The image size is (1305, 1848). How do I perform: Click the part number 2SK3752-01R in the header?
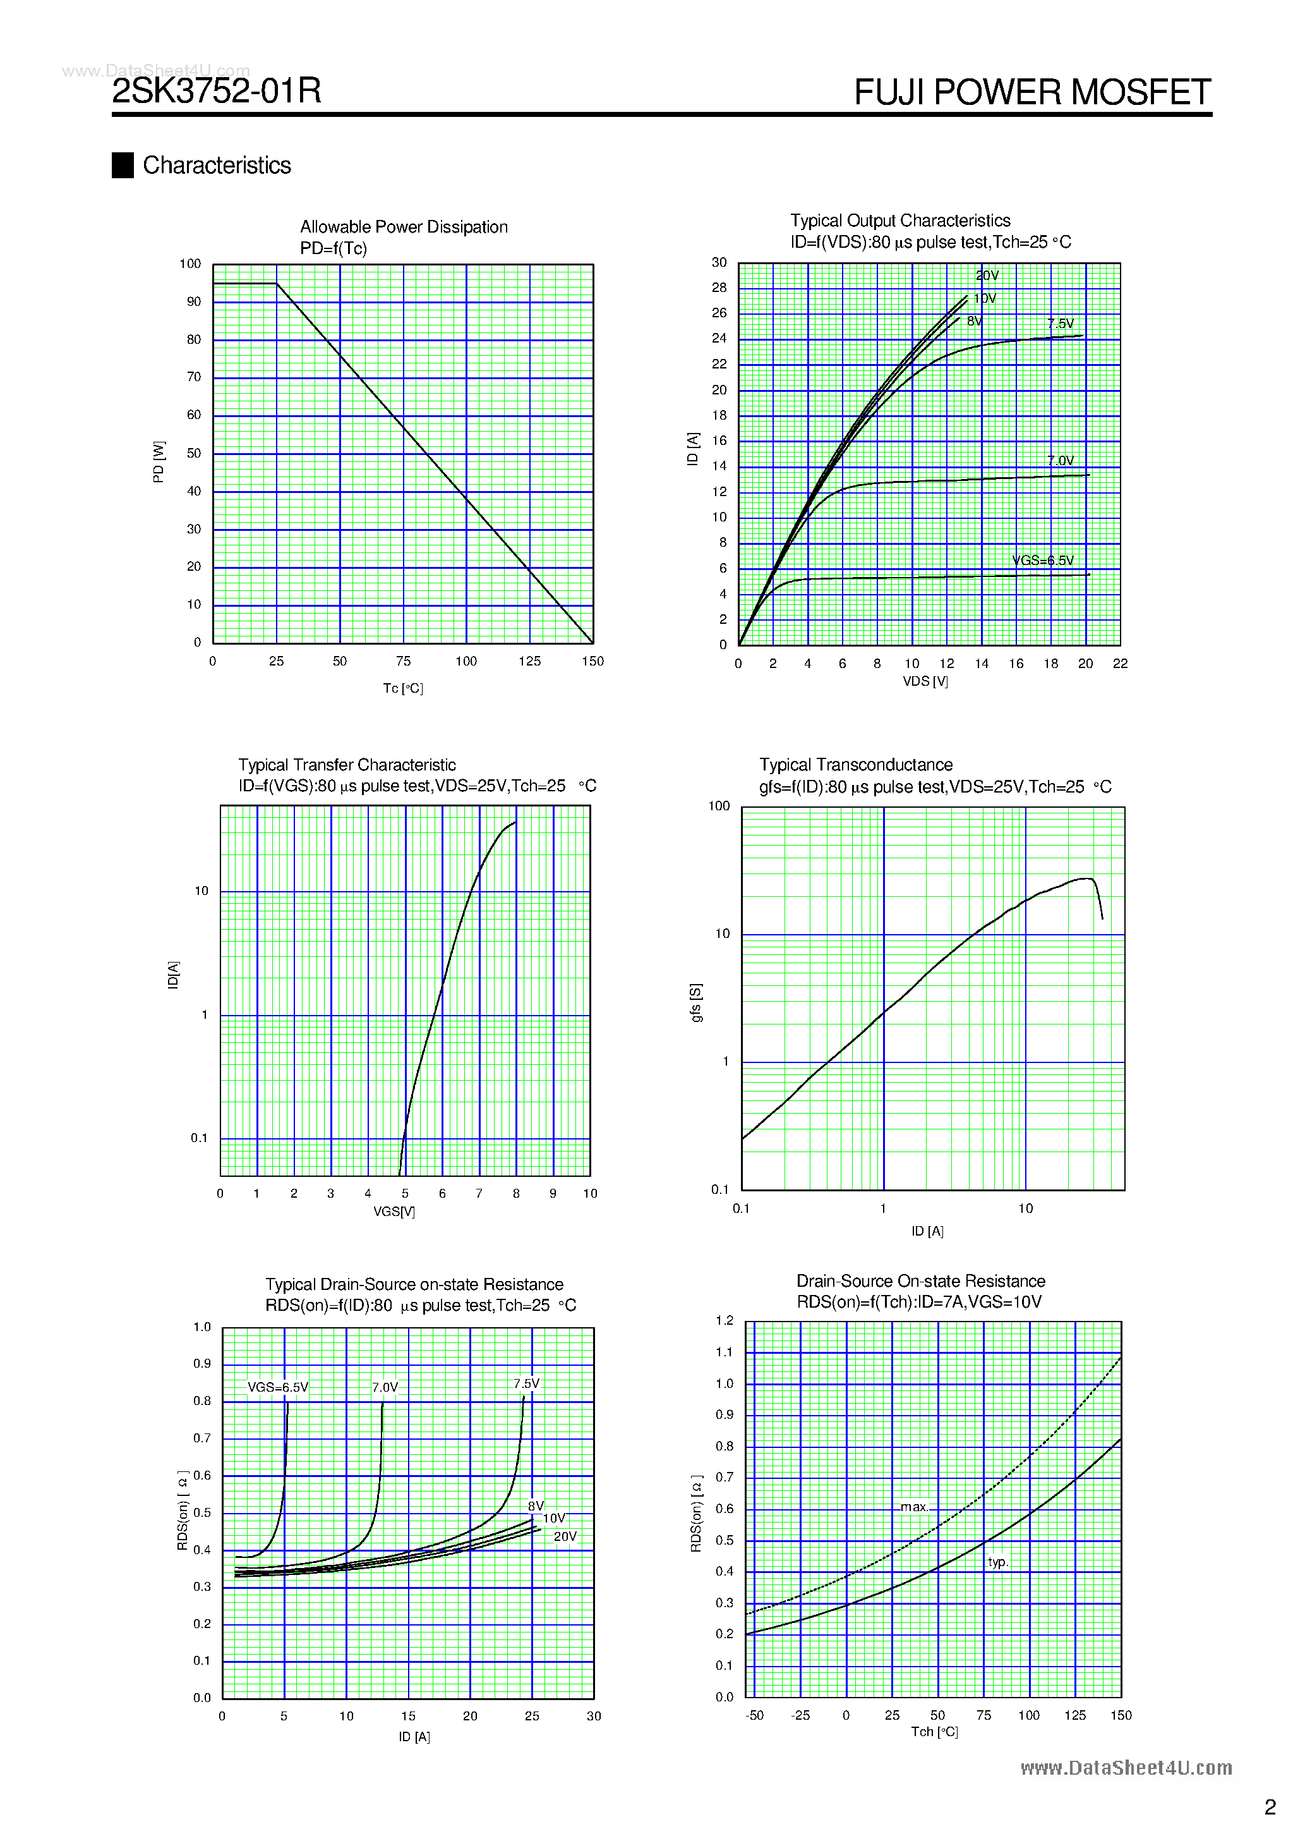coord(217,90)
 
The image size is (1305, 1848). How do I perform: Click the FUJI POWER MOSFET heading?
coord(1031,92)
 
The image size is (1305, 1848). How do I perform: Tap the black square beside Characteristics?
coord(123,165)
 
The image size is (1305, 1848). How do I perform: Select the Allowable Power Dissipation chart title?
coord(403,227)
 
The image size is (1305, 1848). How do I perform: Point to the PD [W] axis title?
coord(159,461)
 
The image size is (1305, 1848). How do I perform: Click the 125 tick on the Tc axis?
coord(529,661)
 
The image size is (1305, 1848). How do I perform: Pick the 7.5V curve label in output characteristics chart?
coord(1060,324)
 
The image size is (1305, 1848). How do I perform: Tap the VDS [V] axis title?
coord(925,681)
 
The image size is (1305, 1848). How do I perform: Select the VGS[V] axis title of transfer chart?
coord(394,1212)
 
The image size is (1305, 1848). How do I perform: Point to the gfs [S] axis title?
coord(696,1002)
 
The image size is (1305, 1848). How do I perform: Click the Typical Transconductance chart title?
coord(855,765)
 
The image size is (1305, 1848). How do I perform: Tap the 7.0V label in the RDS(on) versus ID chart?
coord(385,1387)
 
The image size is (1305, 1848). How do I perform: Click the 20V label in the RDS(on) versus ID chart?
coord(565,1536)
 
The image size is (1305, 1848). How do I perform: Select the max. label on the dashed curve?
coord(914,1507)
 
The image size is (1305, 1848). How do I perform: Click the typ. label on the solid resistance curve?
coord(997,1562)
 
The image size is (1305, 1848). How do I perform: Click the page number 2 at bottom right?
coord(1270,1807)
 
